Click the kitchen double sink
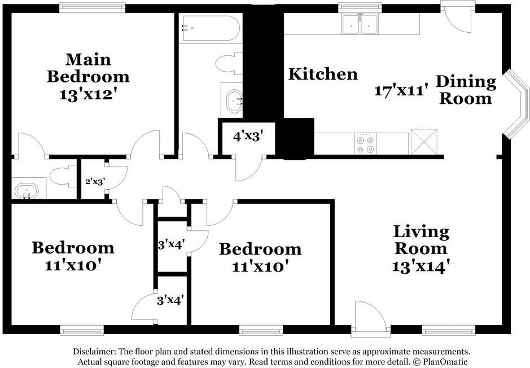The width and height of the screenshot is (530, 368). coord(360,24)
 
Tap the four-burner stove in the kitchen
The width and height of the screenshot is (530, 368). coord(365,144)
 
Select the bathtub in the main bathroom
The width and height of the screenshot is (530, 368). coord(209,28)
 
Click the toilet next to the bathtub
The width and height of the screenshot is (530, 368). coord(229,64)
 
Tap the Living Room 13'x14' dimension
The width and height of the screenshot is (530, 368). coord(421,266)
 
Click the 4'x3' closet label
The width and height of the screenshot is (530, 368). coord(248,136)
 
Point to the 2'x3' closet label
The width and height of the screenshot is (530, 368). coord(95,182)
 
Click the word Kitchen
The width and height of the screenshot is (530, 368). coord(323,74)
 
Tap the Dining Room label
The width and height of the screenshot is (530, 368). coord(466,90)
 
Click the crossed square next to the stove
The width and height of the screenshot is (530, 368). coord(424,142)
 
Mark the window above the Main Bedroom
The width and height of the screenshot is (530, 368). coord(92,8)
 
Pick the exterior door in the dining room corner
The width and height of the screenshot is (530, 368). coord(458,17)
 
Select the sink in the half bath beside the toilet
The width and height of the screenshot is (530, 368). coord(27,191)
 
